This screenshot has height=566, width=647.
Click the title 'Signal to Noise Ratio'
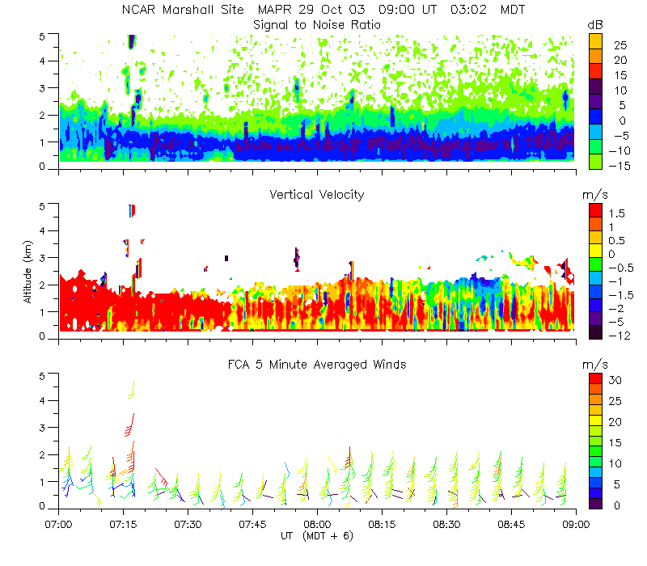[x=317, y=24]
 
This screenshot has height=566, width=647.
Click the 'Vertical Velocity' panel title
[x=317, y=195]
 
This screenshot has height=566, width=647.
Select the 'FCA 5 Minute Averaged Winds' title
[x=317, y=365]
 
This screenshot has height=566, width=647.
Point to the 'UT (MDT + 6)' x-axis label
[x=317, y=536]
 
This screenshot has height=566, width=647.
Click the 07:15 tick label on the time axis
[x=123, y=523]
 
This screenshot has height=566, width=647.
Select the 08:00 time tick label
[x=317, y=523]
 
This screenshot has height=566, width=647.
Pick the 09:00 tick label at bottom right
[x=575, y=523]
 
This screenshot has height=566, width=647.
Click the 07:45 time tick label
[x=252, y=523]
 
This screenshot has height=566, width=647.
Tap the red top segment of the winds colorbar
[x=594, y=379]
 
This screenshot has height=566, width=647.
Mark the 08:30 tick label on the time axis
[x=446, y=523]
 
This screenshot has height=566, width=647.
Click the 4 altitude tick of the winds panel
[x=50, y=400]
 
